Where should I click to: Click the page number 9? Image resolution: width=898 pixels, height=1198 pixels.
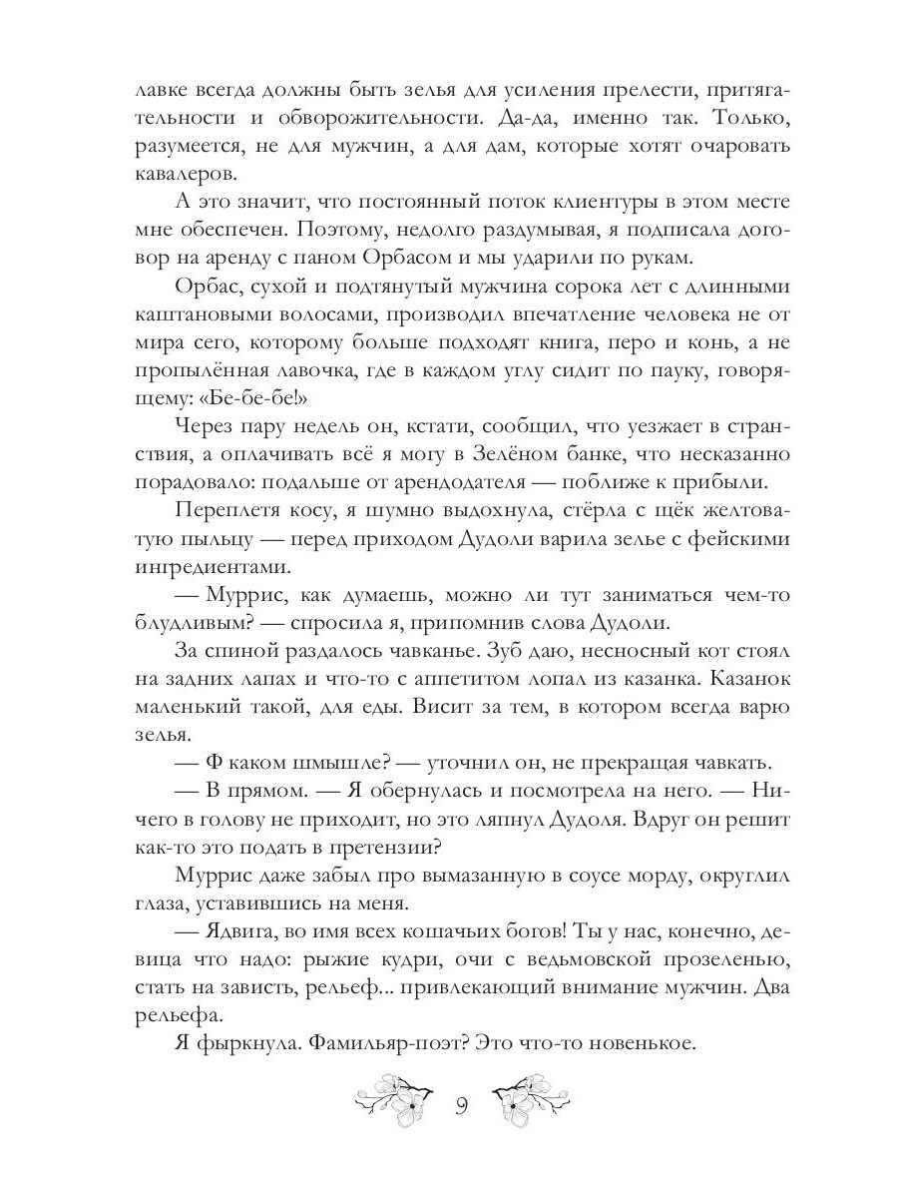point(460,1106)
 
